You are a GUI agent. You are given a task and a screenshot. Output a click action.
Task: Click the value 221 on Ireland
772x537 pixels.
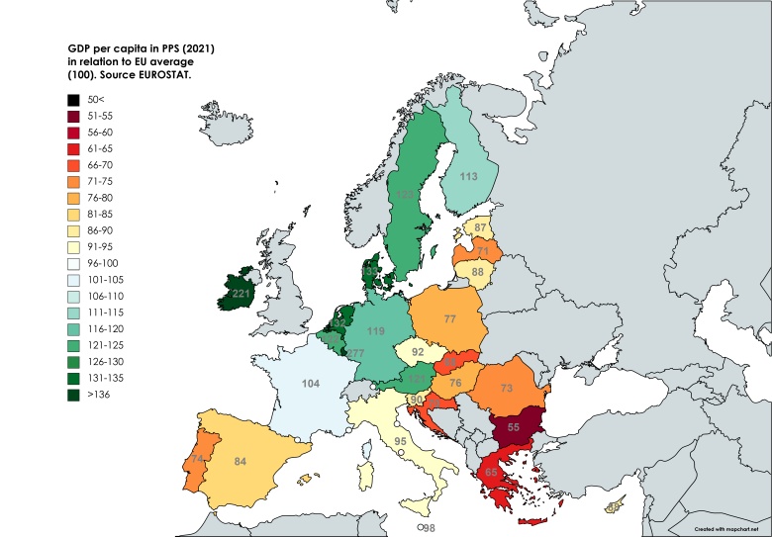(x=241, y=294)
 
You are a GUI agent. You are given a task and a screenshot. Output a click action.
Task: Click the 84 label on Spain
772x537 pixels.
(x=240, y=461)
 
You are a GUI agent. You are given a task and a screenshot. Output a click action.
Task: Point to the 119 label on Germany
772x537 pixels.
(x=376, y=331)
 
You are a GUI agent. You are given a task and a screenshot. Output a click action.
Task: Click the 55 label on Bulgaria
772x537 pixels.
(x=515, y=427)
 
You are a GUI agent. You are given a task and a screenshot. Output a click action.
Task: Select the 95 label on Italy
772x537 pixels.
(x=401, y=441)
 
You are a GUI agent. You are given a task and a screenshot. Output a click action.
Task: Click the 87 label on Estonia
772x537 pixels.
(x=480, y=228)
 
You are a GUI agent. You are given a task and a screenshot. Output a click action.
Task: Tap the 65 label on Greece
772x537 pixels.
(x=490, y=474)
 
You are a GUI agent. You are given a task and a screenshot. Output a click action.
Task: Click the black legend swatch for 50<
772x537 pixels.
(x=74, y=100)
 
